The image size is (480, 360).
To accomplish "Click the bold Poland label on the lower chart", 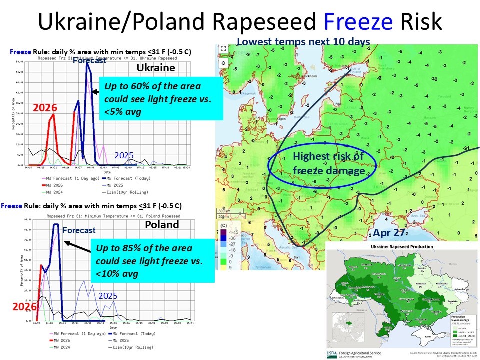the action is point(161,224).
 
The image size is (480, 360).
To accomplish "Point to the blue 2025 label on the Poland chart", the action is point(108,296).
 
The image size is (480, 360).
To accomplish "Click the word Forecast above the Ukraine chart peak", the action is point(89,61).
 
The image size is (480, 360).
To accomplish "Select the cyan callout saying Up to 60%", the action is point(160,99).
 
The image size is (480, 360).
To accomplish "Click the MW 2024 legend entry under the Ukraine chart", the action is point(50,191).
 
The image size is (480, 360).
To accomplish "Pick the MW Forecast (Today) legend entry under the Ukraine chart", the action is point(132,178).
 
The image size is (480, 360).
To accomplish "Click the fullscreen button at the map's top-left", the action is point(223,49).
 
